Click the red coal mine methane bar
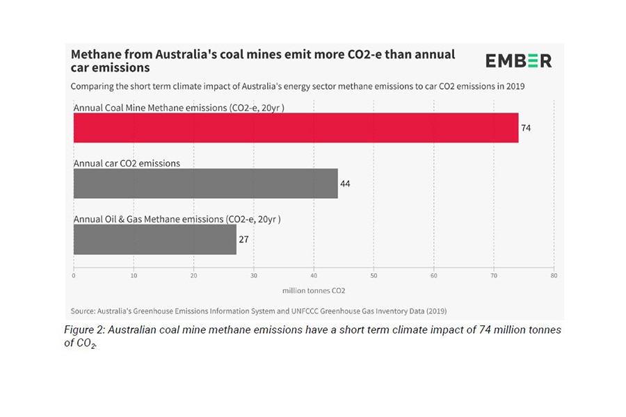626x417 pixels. coord(296,128)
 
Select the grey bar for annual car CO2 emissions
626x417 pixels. coord(205,183)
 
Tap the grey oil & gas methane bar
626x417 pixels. coord(154,239)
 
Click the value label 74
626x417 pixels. coord(526,129)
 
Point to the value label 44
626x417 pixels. coord(345,184)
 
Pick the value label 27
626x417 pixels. coord(243,240)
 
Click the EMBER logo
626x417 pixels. coord(518,60)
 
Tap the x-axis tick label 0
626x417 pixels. coord(74,276)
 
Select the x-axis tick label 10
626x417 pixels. coord(134,276)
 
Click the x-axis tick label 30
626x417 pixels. coord(254,276)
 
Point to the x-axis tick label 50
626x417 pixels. coord(374,276)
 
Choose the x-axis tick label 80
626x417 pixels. coord(554,276)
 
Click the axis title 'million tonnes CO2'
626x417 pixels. coord(314,291)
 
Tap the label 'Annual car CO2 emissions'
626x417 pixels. coord(127,163)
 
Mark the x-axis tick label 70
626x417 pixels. coord(494,276)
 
